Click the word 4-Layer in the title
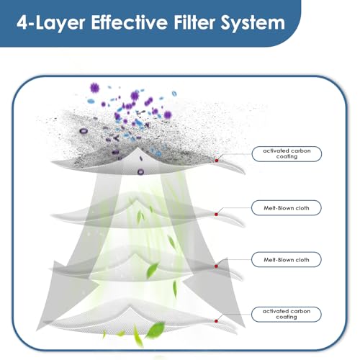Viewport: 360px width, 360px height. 50,23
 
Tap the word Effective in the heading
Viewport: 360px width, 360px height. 129,22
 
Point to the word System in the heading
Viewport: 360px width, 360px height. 253,23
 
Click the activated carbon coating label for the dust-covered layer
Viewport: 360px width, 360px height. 287,154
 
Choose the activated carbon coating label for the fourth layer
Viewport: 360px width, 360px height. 287,314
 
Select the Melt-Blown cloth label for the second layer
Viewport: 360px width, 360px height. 287,208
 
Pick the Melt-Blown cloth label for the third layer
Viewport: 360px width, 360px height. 287,260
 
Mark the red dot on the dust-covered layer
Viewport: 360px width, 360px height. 217,161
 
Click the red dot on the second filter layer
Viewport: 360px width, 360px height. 216,214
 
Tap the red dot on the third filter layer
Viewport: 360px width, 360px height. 216,266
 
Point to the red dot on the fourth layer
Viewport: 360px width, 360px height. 216,321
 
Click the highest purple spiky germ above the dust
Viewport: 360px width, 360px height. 94,88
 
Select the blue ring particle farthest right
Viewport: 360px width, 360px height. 174,94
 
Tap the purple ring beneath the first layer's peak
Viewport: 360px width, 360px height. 140,171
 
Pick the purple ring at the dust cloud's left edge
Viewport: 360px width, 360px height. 84,131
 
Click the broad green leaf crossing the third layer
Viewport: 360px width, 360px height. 152,270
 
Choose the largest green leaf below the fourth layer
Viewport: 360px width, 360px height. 156,330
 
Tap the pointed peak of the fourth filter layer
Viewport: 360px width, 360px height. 130,305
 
